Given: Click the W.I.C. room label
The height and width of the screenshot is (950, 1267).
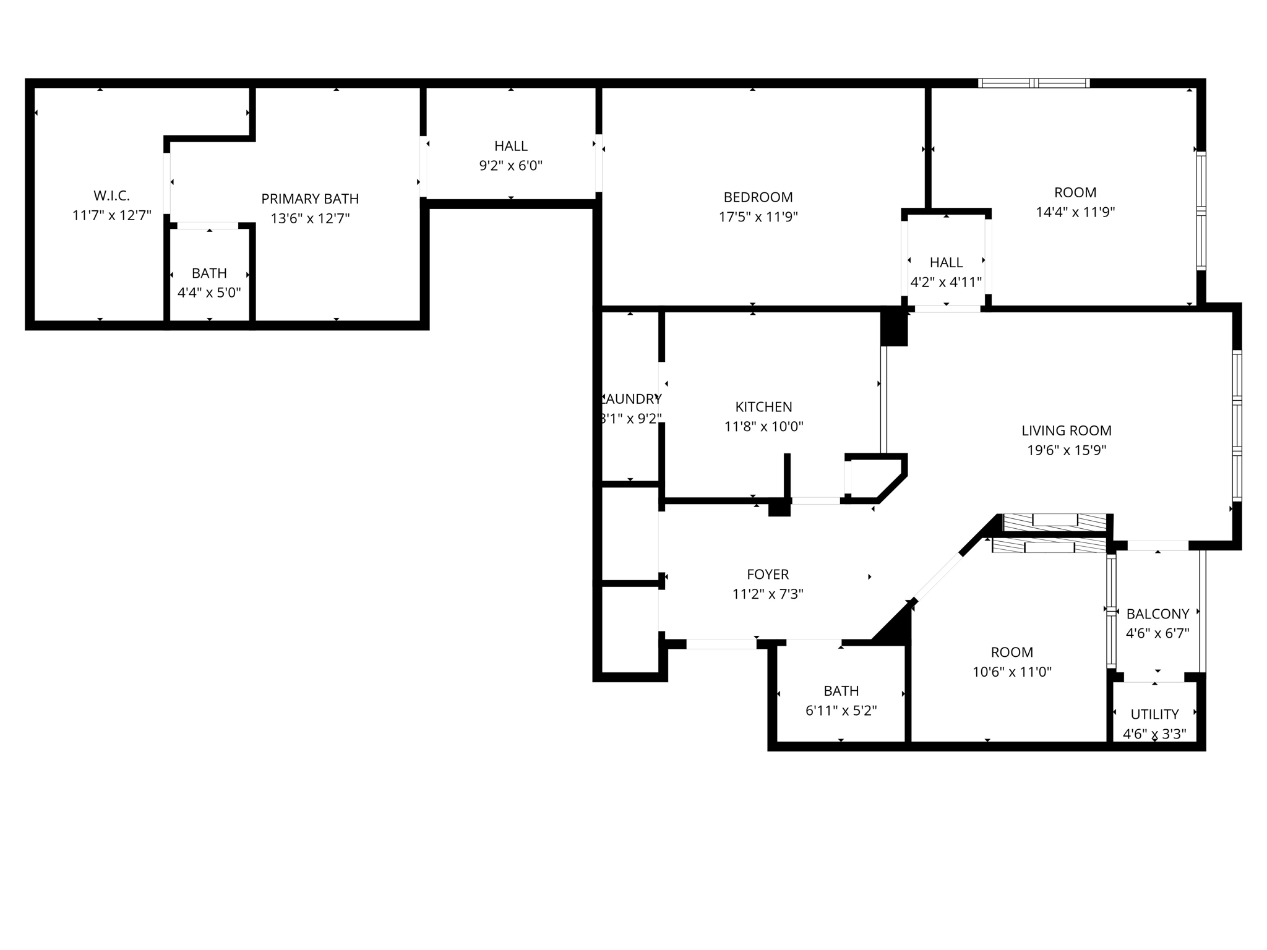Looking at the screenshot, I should pyautogui.click(x=111, y=196).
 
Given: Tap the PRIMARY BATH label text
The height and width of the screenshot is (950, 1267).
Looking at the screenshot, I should pyautogui.click(x=310, y=199).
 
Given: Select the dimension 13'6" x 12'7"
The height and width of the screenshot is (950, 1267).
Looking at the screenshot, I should pyautogui.click(x=310, y=218).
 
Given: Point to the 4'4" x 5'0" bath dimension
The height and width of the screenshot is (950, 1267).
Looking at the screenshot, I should pyautogui.click(x=209, y=293).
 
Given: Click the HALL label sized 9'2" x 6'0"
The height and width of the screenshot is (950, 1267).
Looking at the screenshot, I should pyautogui.click(x=511, y=146).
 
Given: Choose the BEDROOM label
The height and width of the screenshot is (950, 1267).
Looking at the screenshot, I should pyautogui.click(x=758, y=197).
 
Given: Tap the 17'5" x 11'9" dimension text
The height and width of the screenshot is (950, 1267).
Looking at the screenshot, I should pyautogui.click(x=758, y=217).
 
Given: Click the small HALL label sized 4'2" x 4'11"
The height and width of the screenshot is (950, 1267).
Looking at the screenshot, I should pyautogui.click(x=946, y=263).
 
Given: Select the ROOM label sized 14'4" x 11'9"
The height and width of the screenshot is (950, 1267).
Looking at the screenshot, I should pyautogui.click(x=1075, y=192).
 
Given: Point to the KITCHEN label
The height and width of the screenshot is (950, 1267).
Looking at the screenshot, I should pyautogui.click(x=763, y=407).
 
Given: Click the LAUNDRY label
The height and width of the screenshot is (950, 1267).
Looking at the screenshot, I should pyautogui.click(x=632, y=399).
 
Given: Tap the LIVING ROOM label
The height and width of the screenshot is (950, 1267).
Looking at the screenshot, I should pyautogui.click(x=1067, y=430).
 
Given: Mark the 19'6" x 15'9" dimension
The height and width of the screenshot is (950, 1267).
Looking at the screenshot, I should pyautogui.click(x=1067, y=450).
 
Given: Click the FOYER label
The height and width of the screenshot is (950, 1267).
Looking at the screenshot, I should pyautogui.click(x=768, y=575).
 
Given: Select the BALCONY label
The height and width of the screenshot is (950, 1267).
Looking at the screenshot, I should pyautogui.click(x=1157, y=614).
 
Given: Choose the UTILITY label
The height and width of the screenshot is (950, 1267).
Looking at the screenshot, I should pyautogui.click(x=1154, y=714).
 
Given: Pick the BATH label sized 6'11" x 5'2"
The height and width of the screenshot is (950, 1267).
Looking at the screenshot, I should pyautogui.click(x=841, y=691).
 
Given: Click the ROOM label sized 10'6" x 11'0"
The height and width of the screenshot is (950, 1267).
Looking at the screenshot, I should pyautogui.click(x=1011, y=652).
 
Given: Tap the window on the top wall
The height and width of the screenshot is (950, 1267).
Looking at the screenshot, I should pyautogui.click(x=1033, y=83).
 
